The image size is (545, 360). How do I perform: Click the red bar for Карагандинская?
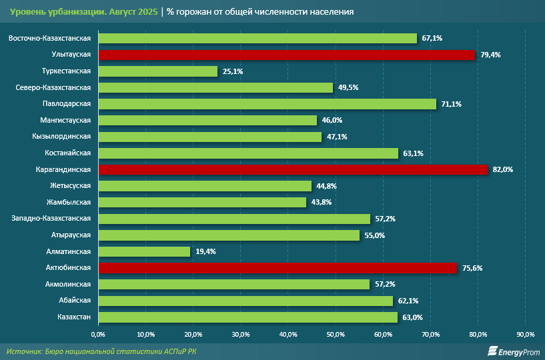[x=293, y=169]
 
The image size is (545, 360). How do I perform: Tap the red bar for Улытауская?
[x=287, y=55]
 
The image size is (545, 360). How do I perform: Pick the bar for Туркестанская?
[x=158, y=71]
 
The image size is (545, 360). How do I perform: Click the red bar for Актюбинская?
[x=278, y=268]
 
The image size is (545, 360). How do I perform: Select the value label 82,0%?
[x=502, y=170]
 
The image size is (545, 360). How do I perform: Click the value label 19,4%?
[x=205, y=252]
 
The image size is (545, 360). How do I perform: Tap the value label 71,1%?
[x=451, y=104]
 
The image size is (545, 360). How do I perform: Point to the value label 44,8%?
[x=326, y=186]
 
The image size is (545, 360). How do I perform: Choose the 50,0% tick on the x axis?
[x=336, y=333]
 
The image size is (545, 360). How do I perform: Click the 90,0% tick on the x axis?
[x=526, y=333]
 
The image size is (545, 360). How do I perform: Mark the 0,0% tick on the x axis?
[x=98, y=333]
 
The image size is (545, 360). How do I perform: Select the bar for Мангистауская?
[x=207, y=121]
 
